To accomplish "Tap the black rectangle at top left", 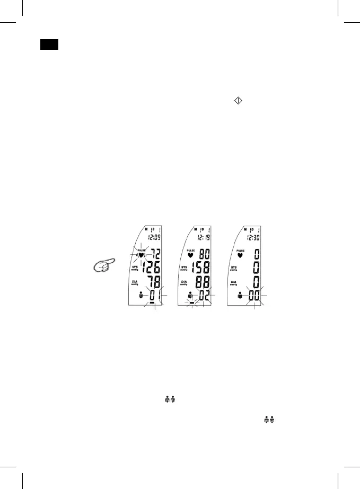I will tap(49, 45).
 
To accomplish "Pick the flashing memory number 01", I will tap(154, 296).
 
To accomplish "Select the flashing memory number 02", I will tap(203, 296).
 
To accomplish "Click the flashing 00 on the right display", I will tap(253, 296).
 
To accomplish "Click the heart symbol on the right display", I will tap(240, 255).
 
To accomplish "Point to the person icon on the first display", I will tap(141, 296).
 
